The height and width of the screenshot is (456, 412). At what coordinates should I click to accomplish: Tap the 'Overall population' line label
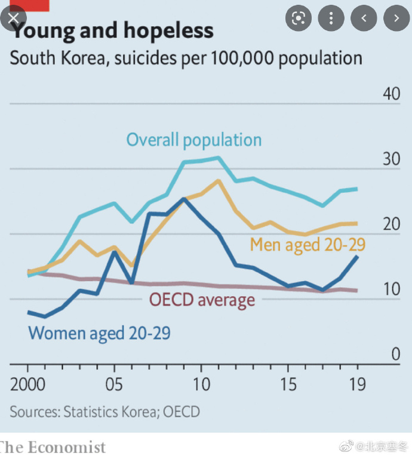click(193, 140)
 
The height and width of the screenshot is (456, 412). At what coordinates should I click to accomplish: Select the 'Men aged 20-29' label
click(308, 244)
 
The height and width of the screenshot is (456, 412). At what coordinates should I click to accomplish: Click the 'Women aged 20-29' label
click(99, 332)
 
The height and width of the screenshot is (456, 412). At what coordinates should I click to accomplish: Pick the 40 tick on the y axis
click(391, 95)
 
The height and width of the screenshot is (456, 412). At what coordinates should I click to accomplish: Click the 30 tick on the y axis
click(391, 159)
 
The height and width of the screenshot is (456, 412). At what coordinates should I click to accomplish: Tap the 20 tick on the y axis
click(391, 224)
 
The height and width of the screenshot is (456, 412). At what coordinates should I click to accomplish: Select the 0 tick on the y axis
click(395, 354)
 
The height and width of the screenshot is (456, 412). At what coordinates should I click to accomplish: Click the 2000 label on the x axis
click(27, 383)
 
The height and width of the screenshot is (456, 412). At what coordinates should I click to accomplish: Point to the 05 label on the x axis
click(113, 383)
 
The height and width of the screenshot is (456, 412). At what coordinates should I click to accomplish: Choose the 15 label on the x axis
click(288, 383)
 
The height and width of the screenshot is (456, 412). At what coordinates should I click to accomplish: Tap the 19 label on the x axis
click(358, 383)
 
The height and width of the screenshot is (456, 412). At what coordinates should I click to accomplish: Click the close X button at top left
click(13, 18)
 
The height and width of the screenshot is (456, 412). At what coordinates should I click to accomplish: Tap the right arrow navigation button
click(396, 19)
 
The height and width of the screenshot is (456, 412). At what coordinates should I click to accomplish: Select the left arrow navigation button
click(364, 19)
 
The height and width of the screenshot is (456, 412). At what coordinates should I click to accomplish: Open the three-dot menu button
click(331, 19)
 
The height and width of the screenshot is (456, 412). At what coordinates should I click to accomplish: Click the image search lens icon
click(298, 19)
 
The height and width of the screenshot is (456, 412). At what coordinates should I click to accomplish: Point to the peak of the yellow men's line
click(219, 180)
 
